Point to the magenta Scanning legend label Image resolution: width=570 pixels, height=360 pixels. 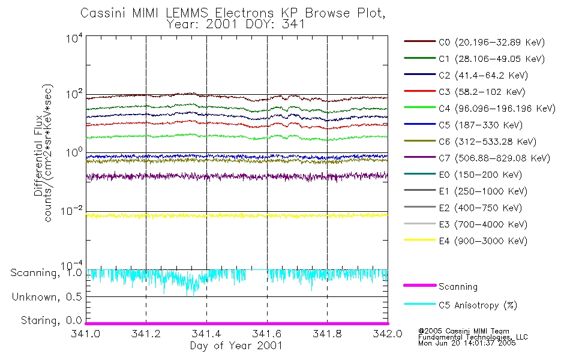[x=458, y=287]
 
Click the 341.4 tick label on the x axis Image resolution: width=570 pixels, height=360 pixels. [x=206, y=334]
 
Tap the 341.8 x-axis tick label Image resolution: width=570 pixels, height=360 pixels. [x=327, y=334]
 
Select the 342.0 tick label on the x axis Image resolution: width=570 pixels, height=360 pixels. [x=387, y=334]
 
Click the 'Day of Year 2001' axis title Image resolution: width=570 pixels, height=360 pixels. [x=236, y=346]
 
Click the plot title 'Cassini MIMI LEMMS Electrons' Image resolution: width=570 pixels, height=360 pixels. [x=236, y=13]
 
